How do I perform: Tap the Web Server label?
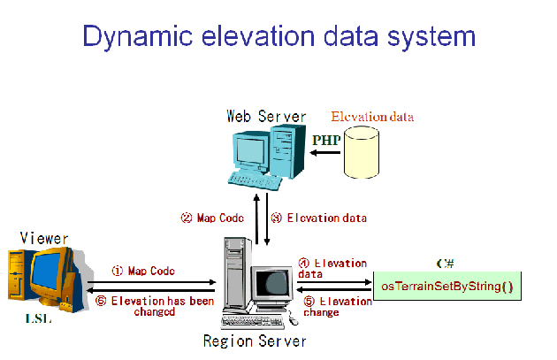[x=266, y=116]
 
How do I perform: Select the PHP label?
[x=326, y=140]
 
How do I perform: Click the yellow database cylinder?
[x=366, y=150]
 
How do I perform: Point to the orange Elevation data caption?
[x=372, y=117]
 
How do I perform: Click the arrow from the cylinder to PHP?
[x=326, y=152]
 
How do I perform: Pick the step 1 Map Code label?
[x=143, y=271]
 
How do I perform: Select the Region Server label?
[x=254, y=341]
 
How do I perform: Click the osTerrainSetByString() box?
[x=446, y=287]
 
